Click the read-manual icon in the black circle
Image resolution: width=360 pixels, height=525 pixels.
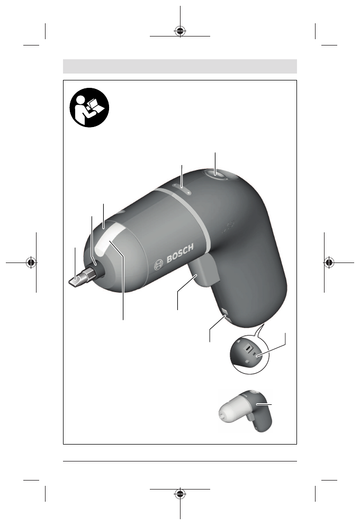89,107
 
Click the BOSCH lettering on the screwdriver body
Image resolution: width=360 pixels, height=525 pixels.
180,253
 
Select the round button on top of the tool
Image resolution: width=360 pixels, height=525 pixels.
216,175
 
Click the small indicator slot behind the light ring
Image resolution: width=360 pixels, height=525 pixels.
182,188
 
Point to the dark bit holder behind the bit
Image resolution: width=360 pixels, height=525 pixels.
97,272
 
